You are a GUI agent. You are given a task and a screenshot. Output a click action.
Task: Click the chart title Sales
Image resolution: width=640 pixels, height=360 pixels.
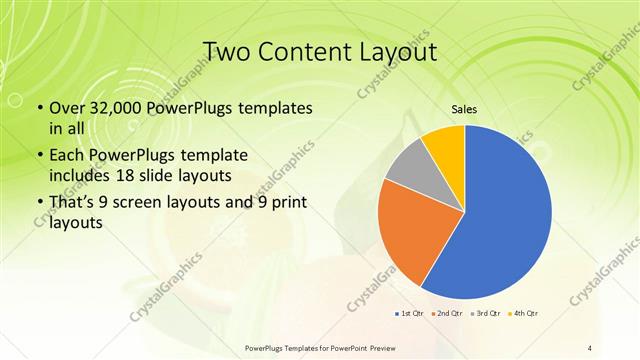[464, 110]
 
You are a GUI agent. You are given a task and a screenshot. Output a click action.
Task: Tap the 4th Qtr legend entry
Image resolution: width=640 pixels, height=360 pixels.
[523, 314]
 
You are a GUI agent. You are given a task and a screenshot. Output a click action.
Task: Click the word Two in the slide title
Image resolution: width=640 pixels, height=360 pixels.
[227, 51]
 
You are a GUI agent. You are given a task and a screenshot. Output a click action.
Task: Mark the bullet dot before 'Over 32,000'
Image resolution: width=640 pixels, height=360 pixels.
[39, 108]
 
